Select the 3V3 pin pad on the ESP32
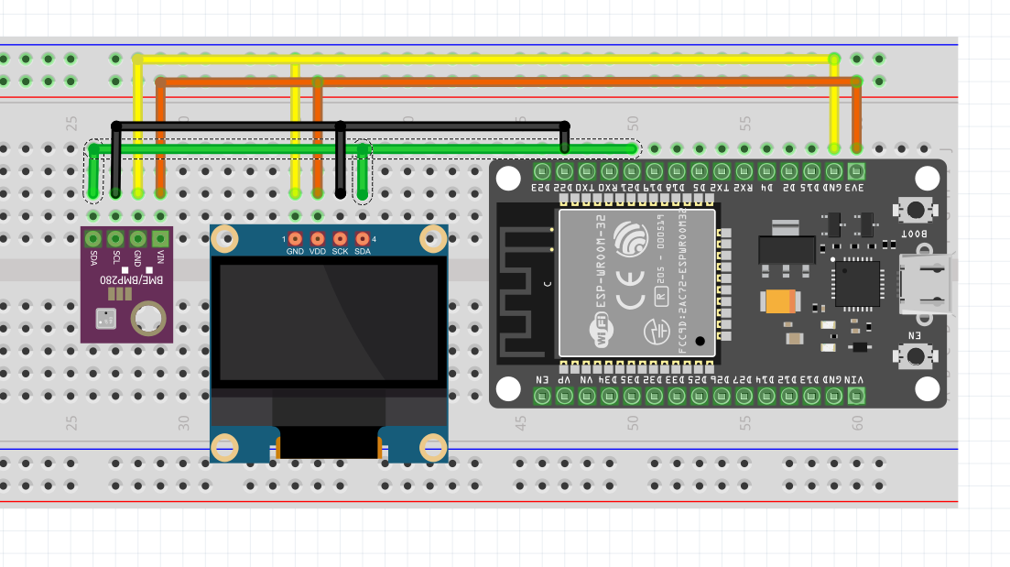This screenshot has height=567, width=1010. click(856, 170)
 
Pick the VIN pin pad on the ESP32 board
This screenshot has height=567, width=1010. click(856, 396)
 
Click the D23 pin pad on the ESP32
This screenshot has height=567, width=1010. click(541, 170)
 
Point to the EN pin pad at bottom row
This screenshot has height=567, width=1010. click(541, 396)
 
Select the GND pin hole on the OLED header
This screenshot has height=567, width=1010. click(295, 238)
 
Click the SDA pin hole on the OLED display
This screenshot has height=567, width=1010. click(363, 238)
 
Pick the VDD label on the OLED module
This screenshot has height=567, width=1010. click(318, 251)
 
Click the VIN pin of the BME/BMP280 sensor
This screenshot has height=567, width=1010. click(160, 239)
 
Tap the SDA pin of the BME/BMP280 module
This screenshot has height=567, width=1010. click(92, 239)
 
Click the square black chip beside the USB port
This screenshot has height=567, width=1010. click(856, 283)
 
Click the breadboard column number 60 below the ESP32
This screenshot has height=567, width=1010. click(857, 423)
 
